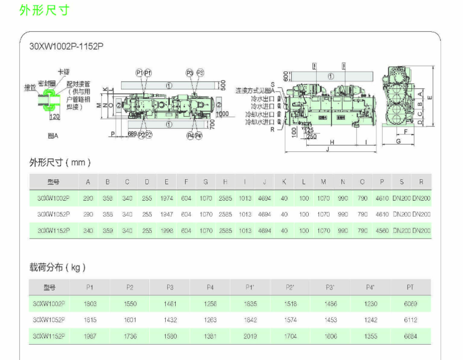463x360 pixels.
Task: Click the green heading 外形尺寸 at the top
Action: [44, 10]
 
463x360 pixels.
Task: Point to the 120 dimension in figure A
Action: [54, 117]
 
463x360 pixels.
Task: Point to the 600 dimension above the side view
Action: [285, 76]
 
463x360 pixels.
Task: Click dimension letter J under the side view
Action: [327, 148]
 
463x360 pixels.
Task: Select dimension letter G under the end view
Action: [398, 141]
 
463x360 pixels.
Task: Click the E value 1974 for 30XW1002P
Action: [166, 198]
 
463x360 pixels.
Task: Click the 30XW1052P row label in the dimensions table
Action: [53, 214]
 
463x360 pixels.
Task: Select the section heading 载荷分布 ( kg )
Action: [58, 268]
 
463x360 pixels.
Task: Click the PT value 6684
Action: [410, 336]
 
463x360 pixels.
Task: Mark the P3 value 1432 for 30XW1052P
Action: [170, 320]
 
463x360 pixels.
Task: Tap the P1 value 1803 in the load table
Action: [90, 303]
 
